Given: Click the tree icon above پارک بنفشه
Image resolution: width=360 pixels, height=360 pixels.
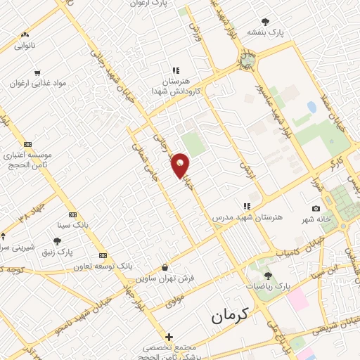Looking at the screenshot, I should [x=264, y=22].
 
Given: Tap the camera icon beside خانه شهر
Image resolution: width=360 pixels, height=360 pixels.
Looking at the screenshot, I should [x=316, y=209].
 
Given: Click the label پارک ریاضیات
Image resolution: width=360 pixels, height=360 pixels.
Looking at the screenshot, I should [x=268, y=286].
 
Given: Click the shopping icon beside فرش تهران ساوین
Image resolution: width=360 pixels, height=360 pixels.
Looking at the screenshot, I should [x=165, y=267].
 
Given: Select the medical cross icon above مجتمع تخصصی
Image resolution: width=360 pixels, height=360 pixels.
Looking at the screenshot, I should [x=169, y=337].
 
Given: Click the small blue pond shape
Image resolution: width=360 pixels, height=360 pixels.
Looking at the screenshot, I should [x=311, y=108].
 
